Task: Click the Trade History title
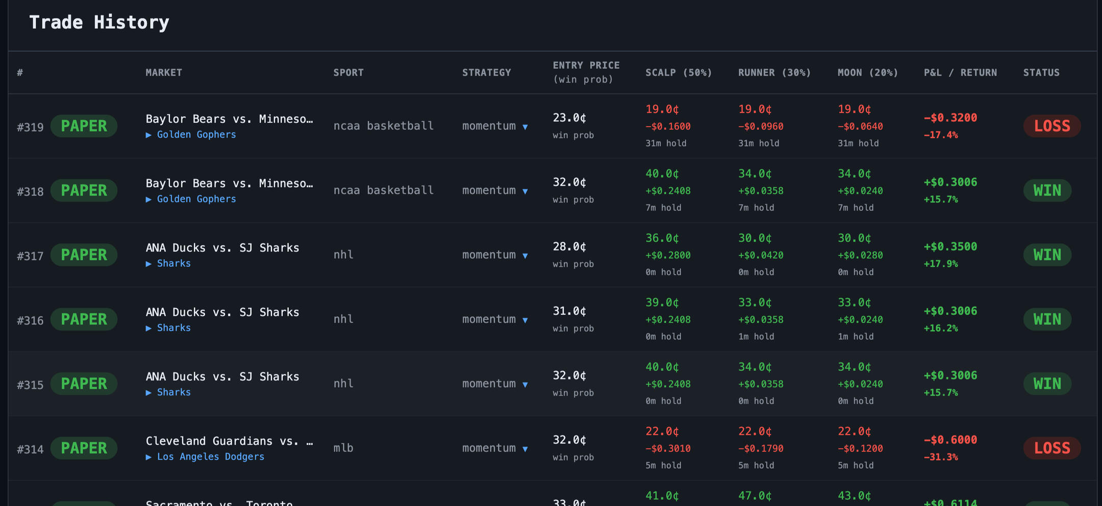pos(99,22)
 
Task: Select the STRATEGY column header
pos(487,72)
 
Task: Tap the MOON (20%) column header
pos(868,72)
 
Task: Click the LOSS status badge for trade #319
pos(1052,126)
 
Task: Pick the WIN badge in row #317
pos(1047,255)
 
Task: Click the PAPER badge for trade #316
pos(84,319)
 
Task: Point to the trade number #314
pos(30,449)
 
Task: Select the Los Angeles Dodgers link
pos(210,457)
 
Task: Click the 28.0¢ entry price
pos(569,247)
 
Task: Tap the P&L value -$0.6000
pos(950,440)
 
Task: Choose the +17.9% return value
pos(941,264)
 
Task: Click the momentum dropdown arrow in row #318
pos(525,191)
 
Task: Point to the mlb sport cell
pos(343,448)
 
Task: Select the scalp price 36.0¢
pos(662,238)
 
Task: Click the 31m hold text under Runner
pos(759,143)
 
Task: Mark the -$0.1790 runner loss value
pos(761,448)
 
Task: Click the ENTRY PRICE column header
pos(586,65)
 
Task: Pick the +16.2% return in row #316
pos(941,328)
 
